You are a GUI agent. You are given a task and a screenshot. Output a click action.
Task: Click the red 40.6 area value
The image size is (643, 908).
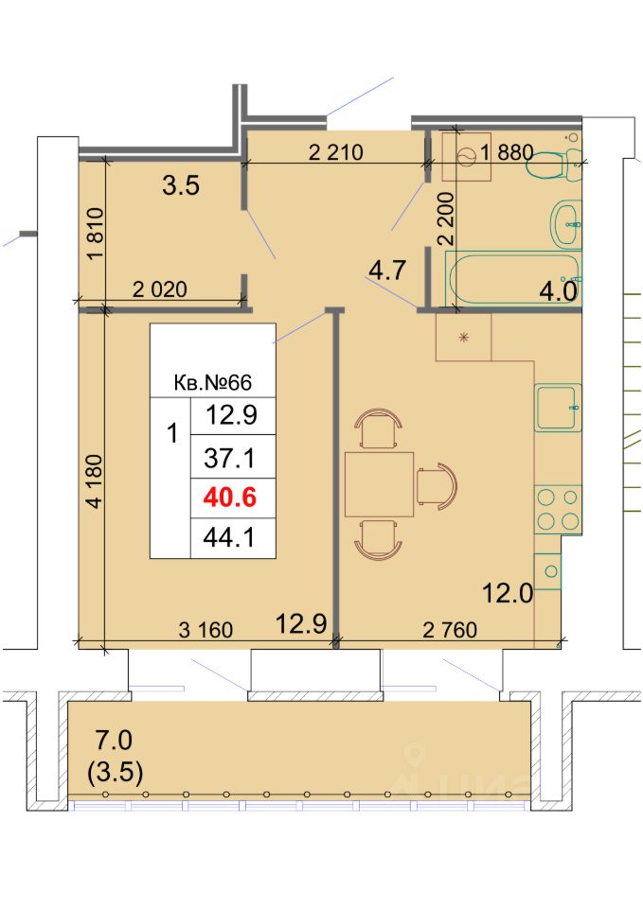pos(229,498)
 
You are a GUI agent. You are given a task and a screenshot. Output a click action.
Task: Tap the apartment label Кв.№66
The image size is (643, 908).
pos(213,383)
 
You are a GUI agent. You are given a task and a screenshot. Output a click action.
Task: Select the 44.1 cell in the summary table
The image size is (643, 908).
pos(229,538)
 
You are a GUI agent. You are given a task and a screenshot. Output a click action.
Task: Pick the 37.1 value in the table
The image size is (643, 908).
pos(229,459)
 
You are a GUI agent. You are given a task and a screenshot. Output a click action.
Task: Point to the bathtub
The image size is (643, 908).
pos(512,280)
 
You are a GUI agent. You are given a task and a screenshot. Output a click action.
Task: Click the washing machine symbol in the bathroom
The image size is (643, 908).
pos(466,156)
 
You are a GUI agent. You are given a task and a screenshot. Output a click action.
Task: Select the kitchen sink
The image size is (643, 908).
pos(558,407)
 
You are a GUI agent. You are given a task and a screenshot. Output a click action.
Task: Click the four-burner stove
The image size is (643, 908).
pos(558,510)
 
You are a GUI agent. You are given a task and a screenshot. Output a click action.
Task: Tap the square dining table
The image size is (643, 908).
pos(379,484)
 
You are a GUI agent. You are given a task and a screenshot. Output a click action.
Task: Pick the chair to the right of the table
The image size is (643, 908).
pos(437,485)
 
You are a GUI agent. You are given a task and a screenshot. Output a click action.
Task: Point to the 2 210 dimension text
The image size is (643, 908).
pos(336,152)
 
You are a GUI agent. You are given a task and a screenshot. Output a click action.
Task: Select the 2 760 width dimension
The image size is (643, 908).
pos(450,630)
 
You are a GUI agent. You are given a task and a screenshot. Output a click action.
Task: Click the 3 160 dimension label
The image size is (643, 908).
pos(205,630)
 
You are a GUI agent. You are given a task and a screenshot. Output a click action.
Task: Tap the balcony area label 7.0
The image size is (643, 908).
pos(114,740)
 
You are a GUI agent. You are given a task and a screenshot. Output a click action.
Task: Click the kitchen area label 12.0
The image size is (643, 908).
pos(508,593)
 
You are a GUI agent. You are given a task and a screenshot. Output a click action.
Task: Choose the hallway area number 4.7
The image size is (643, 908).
pos(387,271)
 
